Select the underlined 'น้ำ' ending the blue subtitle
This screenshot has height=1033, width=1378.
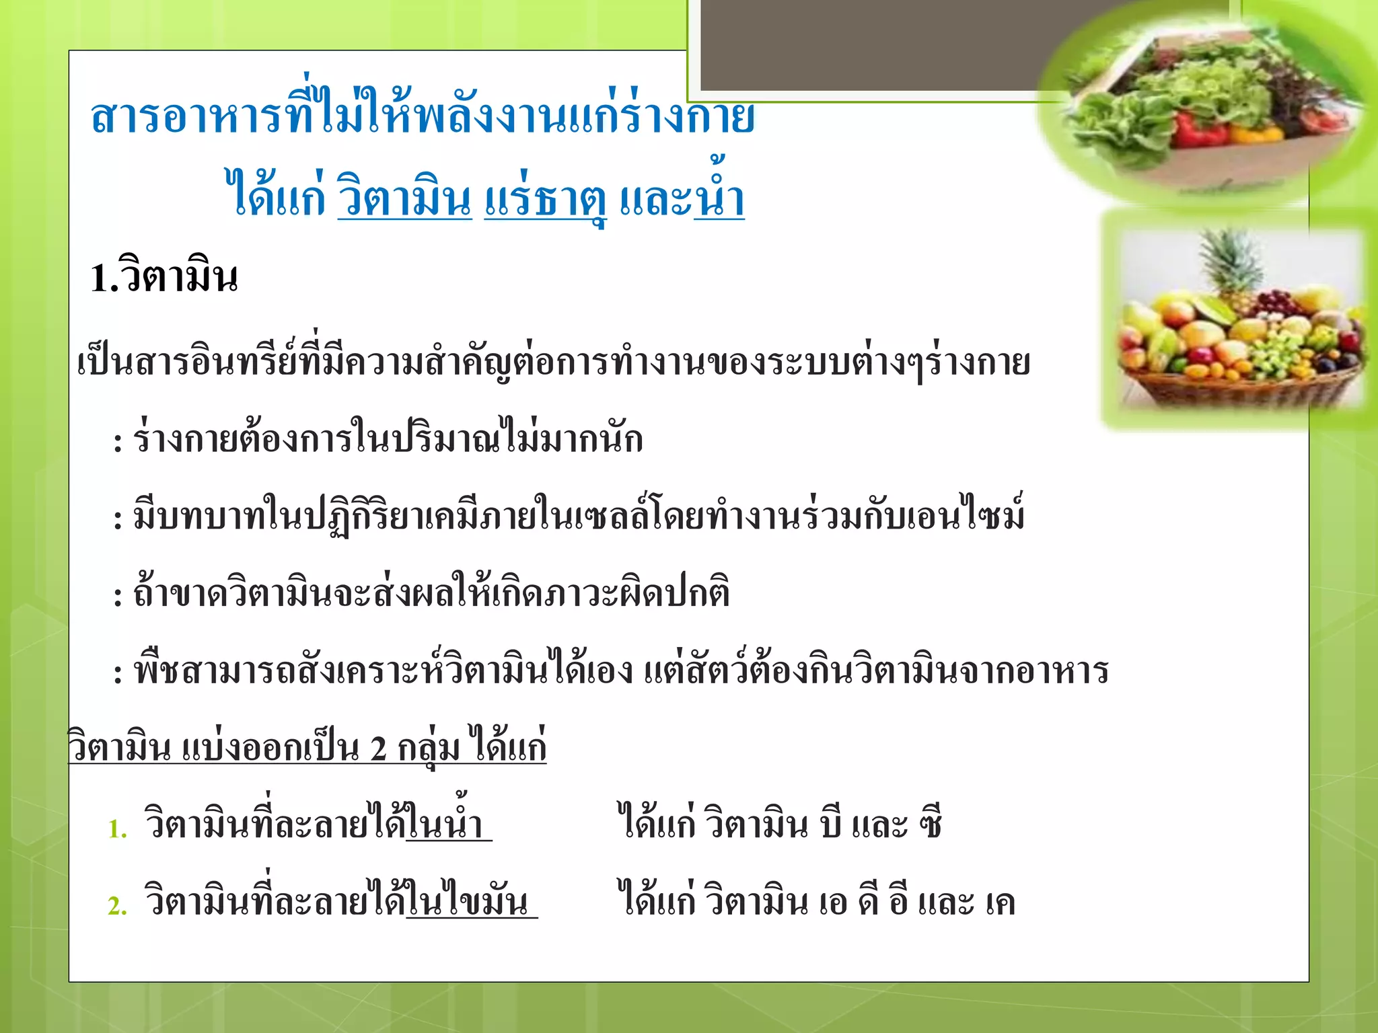[x=719, y=195]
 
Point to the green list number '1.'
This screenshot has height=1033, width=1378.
[x=118, y=829]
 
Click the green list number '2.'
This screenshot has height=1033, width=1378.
[x=118, y=906]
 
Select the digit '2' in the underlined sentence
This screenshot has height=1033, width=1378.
[x=378, y=749]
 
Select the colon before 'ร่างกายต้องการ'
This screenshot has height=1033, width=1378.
[x=118, y=443]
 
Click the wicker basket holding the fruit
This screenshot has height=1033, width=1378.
[x=1238, y=383]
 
